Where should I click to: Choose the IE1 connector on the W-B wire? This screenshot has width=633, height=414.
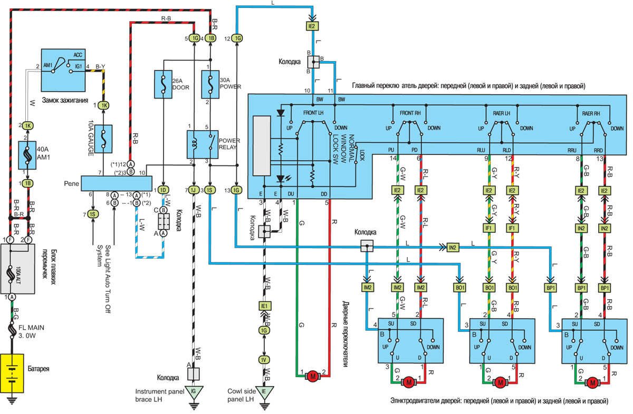coord(263,305)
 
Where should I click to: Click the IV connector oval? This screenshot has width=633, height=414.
coord(263,360)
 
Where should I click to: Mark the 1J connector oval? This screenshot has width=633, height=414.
coord(195,190)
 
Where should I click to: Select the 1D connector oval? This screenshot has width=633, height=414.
coord(164,190)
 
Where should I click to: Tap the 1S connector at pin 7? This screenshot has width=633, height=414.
coord(93,214)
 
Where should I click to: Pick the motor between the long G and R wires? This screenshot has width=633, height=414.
coord(312,376)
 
